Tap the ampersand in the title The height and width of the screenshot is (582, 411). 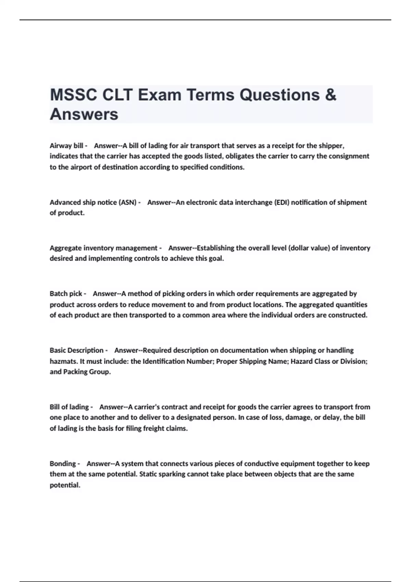[x=331, y=95]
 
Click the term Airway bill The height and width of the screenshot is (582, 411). [x=66, y=145]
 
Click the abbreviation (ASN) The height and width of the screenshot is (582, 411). [x=128, y=202]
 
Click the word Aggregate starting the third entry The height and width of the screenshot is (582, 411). [x=66, y=248]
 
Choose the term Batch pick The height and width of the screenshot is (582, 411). [x=66, y=293]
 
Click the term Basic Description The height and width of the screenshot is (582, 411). [x=76, y=350]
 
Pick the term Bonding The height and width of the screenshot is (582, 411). [x=63, y=464]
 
